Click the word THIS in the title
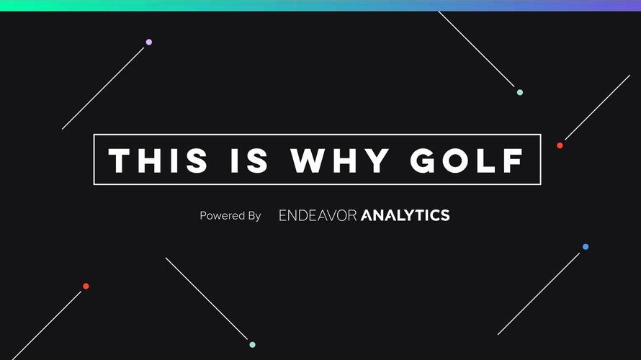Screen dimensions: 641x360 coord(158,161)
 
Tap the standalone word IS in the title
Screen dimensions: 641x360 coord(249,161)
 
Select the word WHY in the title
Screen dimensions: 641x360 coord(340,161)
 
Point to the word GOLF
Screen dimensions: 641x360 coord(467,161)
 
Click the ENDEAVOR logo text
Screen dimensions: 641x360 coord(318,215)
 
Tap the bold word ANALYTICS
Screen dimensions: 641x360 coord(405,215)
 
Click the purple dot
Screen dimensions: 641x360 coord(149,42)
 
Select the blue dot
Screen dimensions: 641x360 coord(586,247)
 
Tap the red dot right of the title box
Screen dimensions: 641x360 coord(560,145)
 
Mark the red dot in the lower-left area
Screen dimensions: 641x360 coord(86,286)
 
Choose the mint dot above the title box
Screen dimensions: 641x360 coord(519,92)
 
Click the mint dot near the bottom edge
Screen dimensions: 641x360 coord(252,344)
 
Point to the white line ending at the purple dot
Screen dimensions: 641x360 coord(103,89)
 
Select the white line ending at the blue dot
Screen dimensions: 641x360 coord(539,294)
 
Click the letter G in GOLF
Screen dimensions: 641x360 coord(423,161)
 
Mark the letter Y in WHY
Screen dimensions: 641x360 coord(377,161)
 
